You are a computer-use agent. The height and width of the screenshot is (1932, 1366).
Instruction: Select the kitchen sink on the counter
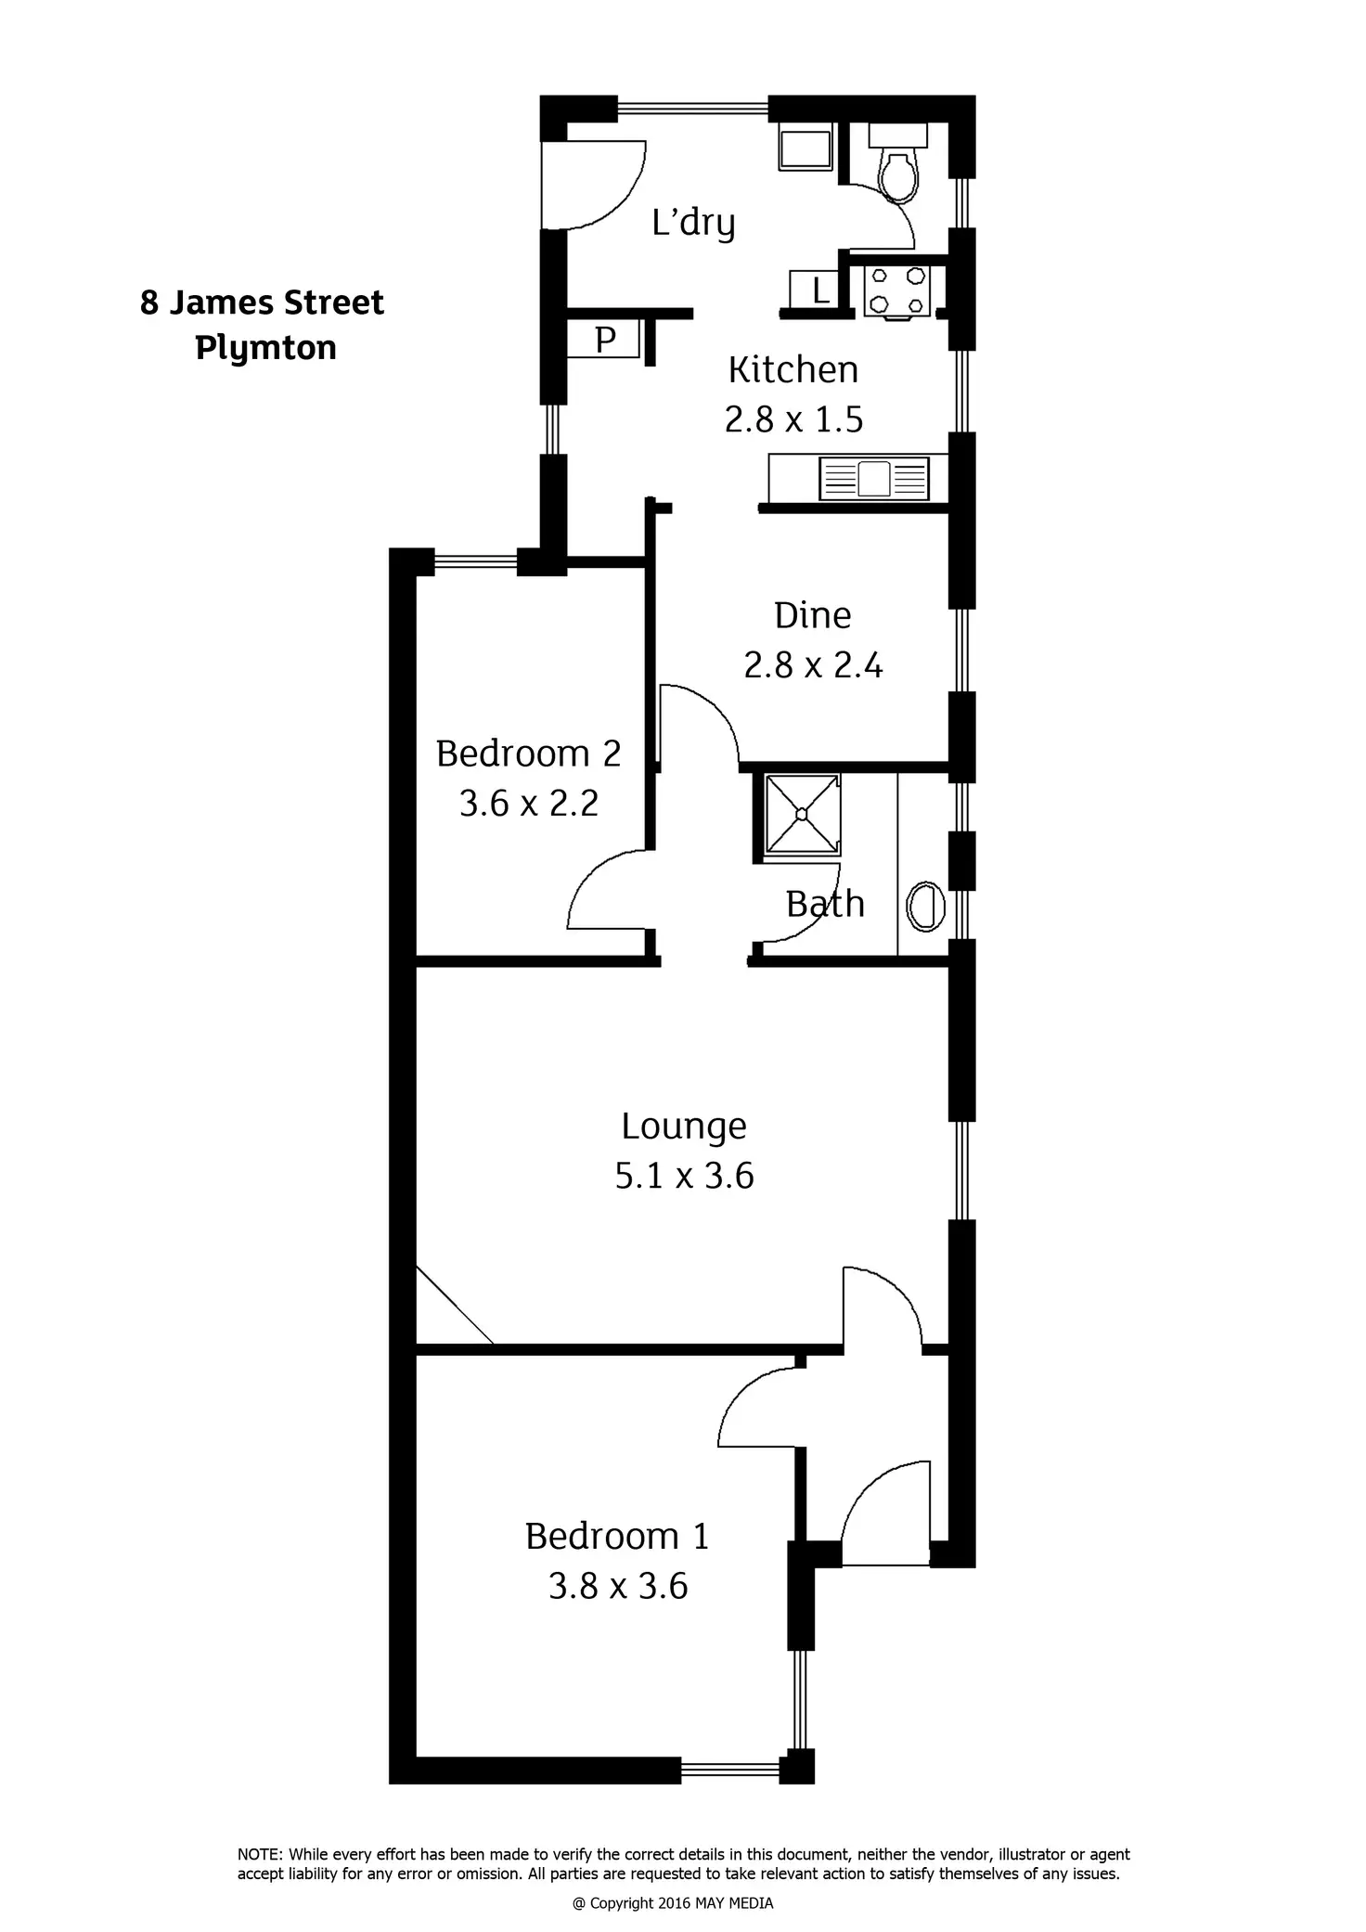[873, 478]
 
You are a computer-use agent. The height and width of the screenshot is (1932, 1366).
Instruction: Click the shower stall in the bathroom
[802, 814]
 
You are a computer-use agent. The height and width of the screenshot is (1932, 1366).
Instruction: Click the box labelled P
[604, 340]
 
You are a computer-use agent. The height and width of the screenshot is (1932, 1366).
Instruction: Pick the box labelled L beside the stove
[816, 290]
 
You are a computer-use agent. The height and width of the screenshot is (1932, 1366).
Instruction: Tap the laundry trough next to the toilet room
[805, 148]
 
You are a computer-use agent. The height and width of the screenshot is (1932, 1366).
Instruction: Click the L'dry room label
[693, 223]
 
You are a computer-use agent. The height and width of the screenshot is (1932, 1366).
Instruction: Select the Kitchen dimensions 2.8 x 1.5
[793, 419]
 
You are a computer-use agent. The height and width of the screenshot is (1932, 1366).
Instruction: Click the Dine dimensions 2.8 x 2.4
[813, 665]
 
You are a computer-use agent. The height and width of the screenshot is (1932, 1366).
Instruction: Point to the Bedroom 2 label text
[528, 753]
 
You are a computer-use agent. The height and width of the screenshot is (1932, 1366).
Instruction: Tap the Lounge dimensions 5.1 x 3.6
[684, 1176]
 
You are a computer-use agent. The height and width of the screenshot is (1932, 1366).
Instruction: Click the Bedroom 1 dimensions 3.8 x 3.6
[618, 1586]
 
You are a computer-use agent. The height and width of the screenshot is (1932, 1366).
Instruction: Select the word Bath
[825, 904]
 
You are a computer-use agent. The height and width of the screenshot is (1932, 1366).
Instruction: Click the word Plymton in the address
[265, 348]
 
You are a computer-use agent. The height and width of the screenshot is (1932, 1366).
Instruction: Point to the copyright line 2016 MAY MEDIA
[673, 1903]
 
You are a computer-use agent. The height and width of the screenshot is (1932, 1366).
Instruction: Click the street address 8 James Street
[262, 303]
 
